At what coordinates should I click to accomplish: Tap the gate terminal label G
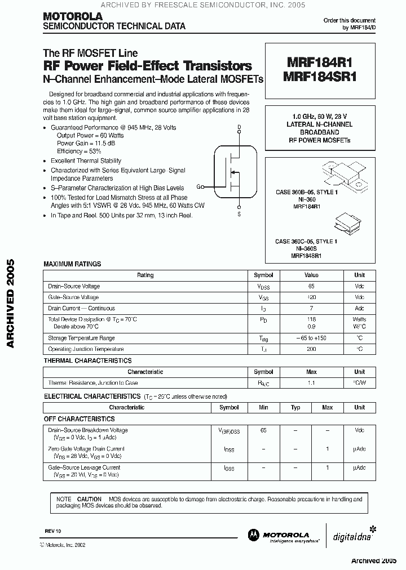[198, 186]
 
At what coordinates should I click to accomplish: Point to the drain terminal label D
[239, 127]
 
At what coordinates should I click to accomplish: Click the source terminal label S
[239, 214]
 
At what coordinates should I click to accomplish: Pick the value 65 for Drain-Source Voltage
[311, 286]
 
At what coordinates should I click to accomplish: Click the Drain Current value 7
[311, 308]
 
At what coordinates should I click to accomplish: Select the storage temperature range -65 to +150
[311, 338]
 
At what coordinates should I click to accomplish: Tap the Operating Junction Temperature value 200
[311, 349]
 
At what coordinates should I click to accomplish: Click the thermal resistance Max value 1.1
[311, 383]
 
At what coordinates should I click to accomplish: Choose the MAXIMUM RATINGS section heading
[72, 264]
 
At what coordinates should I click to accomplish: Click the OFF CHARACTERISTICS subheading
[79, 419]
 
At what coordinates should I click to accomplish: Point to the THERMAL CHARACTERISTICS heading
[87, 360]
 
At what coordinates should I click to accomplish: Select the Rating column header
[145, 275]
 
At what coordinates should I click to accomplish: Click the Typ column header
[295, 407]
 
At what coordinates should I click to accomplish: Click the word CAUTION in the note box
[89, 499]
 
